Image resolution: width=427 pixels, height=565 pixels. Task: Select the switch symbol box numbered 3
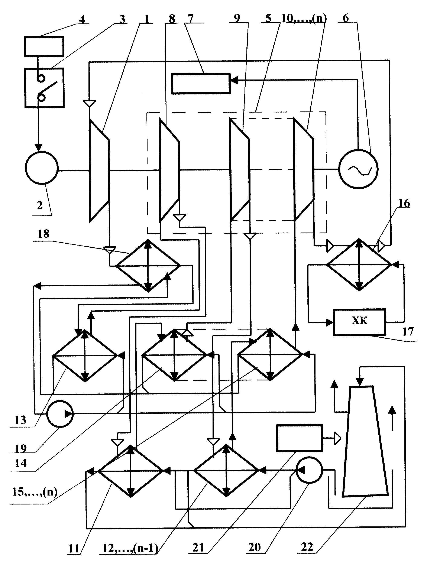[44, 88]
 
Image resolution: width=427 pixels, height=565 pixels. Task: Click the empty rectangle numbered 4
[44, 46]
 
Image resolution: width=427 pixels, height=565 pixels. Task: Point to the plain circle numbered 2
[42, 168]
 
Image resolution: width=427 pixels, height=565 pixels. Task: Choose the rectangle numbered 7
[201, 84]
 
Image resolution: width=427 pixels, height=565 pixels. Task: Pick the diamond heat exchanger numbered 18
[148, 266]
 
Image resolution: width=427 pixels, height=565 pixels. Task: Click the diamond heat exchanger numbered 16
[359, 265]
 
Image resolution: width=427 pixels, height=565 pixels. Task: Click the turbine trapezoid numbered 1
[99, 171]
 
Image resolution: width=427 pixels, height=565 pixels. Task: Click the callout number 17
[408, 332]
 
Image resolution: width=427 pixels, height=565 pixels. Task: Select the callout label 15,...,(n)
[35, 491]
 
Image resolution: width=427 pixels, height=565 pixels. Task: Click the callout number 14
[20, 462]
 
